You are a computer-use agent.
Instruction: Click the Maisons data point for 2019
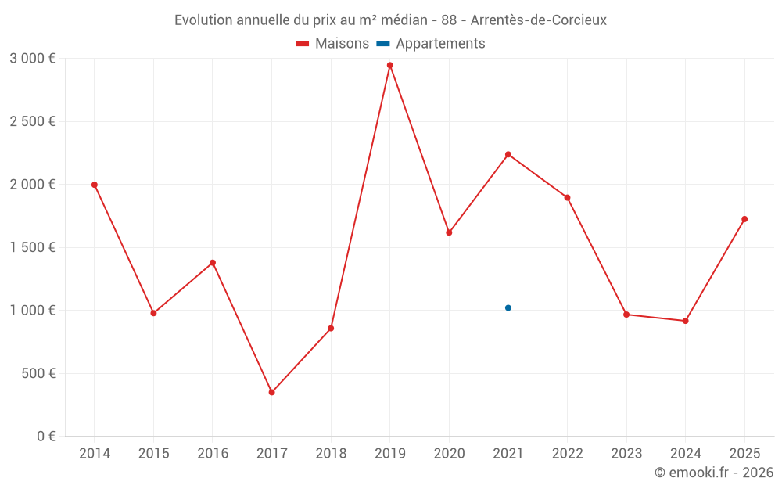tap(389, 65)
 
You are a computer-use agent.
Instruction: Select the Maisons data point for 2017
tap(271, 392)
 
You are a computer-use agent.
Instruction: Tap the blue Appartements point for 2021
tap(508, 308)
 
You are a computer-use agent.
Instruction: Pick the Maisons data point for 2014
tap(95, 185)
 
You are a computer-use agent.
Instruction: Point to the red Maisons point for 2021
tap(508, 154)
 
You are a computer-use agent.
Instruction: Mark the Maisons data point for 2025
tap(744, 219)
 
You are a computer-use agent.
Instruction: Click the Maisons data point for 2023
tap(626, 315)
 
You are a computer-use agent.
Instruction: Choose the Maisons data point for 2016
tap(213, 263)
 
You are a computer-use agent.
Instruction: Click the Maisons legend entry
tap(332, 44)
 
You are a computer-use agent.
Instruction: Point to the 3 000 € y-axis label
tap(32, 59)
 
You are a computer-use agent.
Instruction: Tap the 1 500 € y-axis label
tap(32, 247)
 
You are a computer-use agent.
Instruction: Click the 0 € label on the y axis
tap(45, 437)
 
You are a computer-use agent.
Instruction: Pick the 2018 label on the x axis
tap(331, 454)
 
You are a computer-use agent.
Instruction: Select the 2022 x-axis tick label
tap(567, 454)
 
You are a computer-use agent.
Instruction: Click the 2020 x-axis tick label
tap(449, 454)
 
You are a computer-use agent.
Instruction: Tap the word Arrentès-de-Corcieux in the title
tap(539, 20)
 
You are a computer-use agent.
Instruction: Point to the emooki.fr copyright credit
tap(713, 473)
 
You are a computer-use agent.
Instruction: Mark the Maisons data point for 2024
tap(685, 321)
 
